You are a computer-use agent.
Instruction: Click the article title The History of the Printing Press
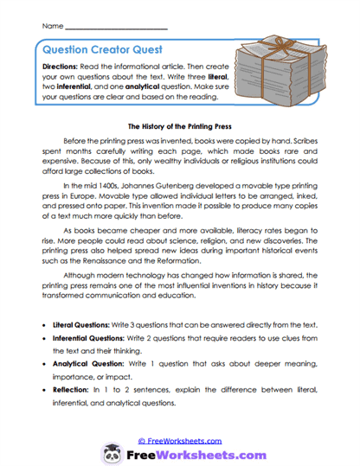point(180,124)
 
